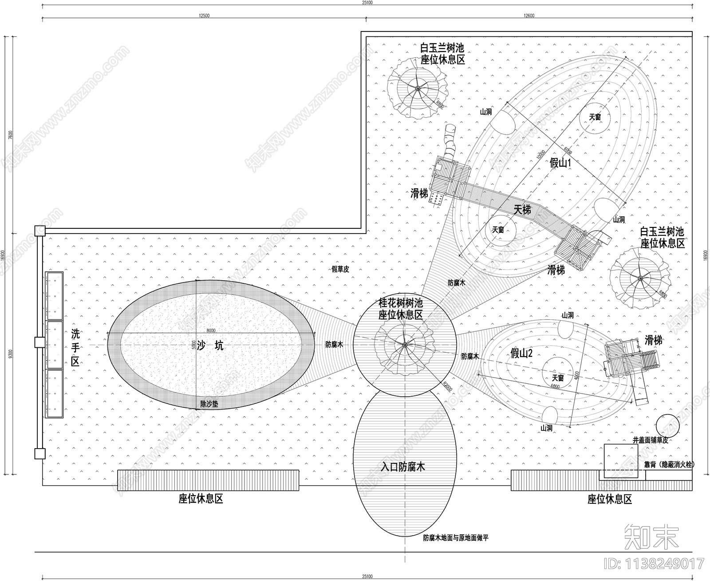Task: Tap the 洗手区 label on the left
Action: pos(75,347)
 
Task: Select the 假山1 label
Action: pos(560,163)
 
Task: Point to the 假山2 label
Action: pos(521,354)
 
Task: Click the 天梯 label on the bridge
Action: pos(522,209)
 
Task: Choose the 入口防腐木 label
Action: pos(403,467)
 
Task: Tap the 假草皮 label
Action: pos(340,269)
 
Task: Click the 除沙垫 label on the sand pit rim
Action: pos(209,404)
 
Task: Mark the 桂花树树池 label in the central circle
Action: pos(400,303)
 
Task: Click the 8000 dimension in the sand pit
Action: pos(211,330)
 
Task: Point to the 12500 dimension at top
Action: pos(204,16)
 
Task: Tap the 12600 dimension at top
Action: pos(529,16)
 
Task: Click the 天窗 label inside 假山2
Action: pos(558,378)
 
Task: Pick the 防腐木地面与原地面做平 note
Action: pos(456,538)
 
